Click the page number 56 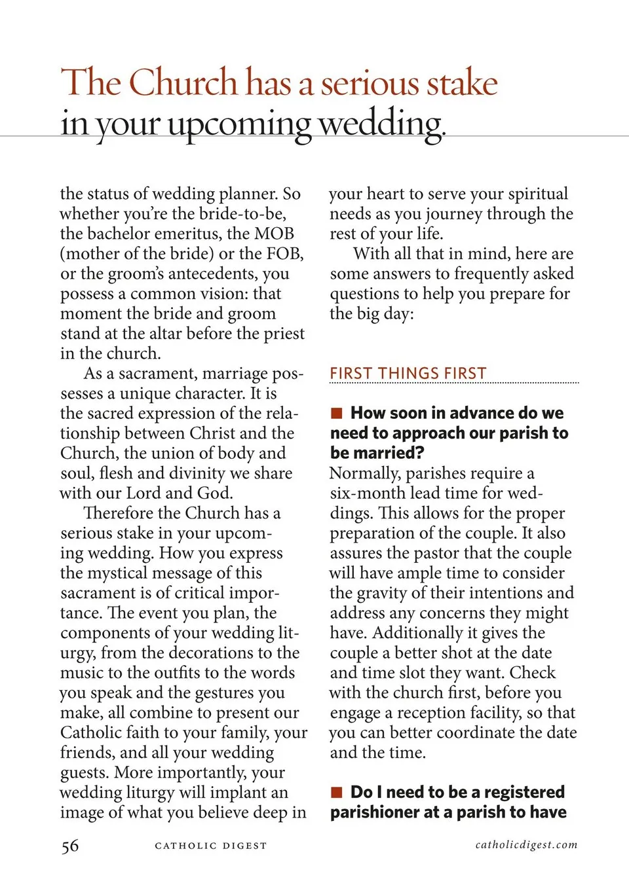click(x=70, y=846)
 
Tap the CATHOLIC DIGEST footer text click(x=211, y=846)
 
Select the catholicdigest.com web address click(x=526, y=844)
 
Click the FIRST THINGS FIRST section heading click(x=408, y=373)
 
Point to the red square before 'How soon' click(x=337, y=413)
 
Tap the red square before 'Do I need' click(x=337, y=792)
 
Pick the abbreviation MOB click(x=274, y=234)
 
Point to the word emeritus click(x=190, y=234)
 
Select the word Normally click(x=364, y=473)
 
